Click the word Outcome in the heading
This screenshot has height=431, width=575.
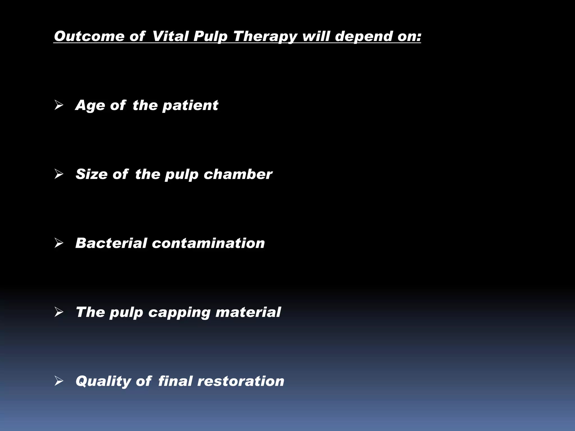coord(89,36)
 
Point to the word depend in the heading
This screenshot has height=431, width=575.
coord(363,37)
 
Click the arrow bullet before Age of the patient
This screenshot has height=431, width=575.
coord(59,106)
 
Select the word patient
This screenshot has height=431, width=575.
coord(190,105)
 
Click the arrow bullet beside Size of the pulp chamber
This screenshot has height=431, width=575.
coord(59,174)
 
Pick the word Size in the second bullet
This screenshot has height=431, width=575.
coord(91,174)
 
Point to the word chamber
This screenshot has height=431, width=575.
coord(238,174)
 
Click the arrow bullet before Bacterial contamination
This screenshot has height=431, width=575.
coord(59,243)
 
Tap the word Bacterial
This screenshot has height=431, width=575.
coord(111,243)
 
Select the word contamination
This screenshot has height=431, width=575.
coord(208,243)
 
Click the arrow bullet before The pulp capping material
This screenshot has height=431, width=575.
coord(59,312)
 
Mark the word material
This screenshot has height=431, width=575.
coord(248,312)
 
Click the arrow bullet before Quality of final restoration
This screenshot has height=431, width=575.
coord(59,381)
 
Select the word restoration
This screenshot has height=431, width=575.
coord(241,381)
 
